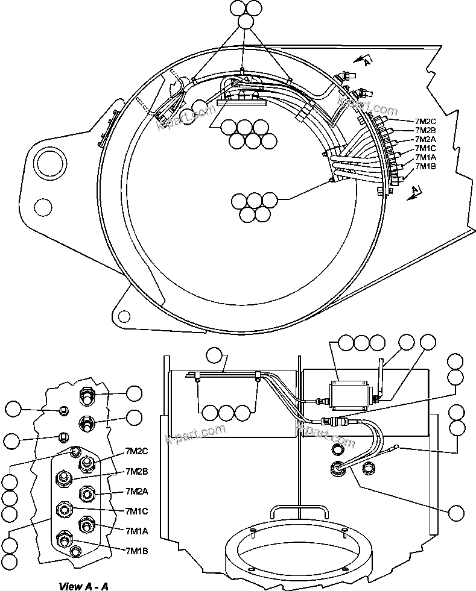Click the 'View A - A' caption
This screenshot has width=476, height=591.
83,586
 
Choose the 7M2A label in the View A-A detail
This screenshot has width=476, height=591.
137,491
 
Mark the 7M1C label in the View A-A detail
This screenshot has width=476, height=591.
137,511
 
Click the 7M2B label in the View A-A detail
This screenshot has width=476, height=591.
137,471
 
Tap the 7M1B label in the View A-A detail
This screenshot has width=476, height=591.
137,550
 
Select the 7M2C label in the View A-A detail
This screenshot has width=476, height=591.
137,451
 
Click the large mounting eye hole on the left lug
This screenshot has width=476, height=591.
48,162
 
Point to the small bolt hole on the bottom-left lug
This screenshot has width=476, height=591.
124,315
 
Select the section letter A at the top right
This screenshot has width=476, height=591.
369,59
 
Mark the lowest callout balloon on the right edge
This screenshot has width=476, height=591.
457,513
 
